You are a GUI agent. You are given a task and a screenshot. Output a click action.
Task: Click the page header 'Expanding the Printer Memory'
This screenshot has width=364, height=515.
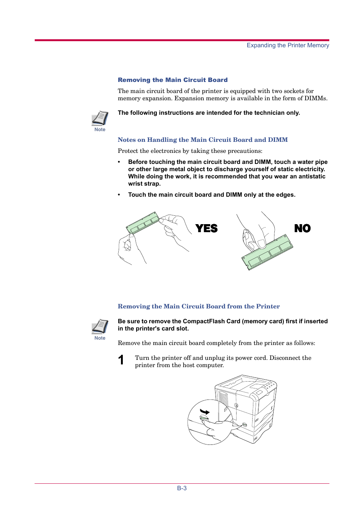(x=288, y=45)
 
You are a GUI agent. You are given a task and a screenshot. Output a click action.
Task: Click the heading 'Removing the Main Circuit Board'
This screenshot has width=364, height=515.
(x=172, y=80)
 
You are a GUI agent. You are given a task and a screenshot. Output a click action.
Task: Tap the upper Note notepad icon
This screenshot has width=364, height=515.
(x=100, y=118)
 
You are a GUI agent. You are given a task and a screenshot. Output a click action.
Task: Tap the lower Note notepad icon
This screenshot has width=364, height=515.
(x=100, y=327)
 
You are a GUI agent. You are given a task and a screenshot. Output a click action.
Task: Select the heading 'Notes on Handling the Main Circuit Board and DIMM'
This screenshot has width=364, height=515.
(x=203, y=140)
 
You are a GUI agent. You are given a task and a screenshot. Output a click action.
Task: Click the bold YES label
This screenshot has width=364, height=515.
(x=206, y=228)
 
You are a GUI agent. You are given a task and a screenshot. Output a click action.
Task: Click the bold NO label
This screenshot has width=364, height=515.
(x=302, y=228)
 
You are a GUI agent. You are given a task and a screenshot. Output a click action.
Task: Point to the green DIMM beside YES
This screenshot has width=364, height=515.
(x=143, y=223)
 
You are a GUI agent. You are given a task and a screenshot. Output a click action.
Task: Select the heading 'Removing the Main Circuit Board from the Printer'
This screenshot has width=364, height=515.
(x=198, y=306)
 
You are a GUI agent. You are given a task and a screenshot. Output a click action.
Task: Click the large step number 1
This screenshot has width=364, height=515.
(x=121, y=360)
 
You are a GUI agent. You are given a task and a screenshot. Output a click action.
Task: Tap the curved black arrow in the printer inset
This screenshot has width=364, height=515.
(x=205, y=412)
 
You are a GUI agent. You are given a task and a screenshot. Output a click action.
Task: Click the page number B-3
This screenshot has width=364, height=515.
(x=182, y=488)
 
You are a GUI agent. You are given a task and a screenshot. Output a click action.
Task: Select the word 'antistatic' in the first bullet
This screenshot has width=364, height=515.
(x=312, y=176)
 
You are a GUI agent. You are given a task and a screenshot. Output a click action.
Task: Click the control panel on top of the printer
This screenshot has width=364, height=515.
(x=265, y=389)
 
